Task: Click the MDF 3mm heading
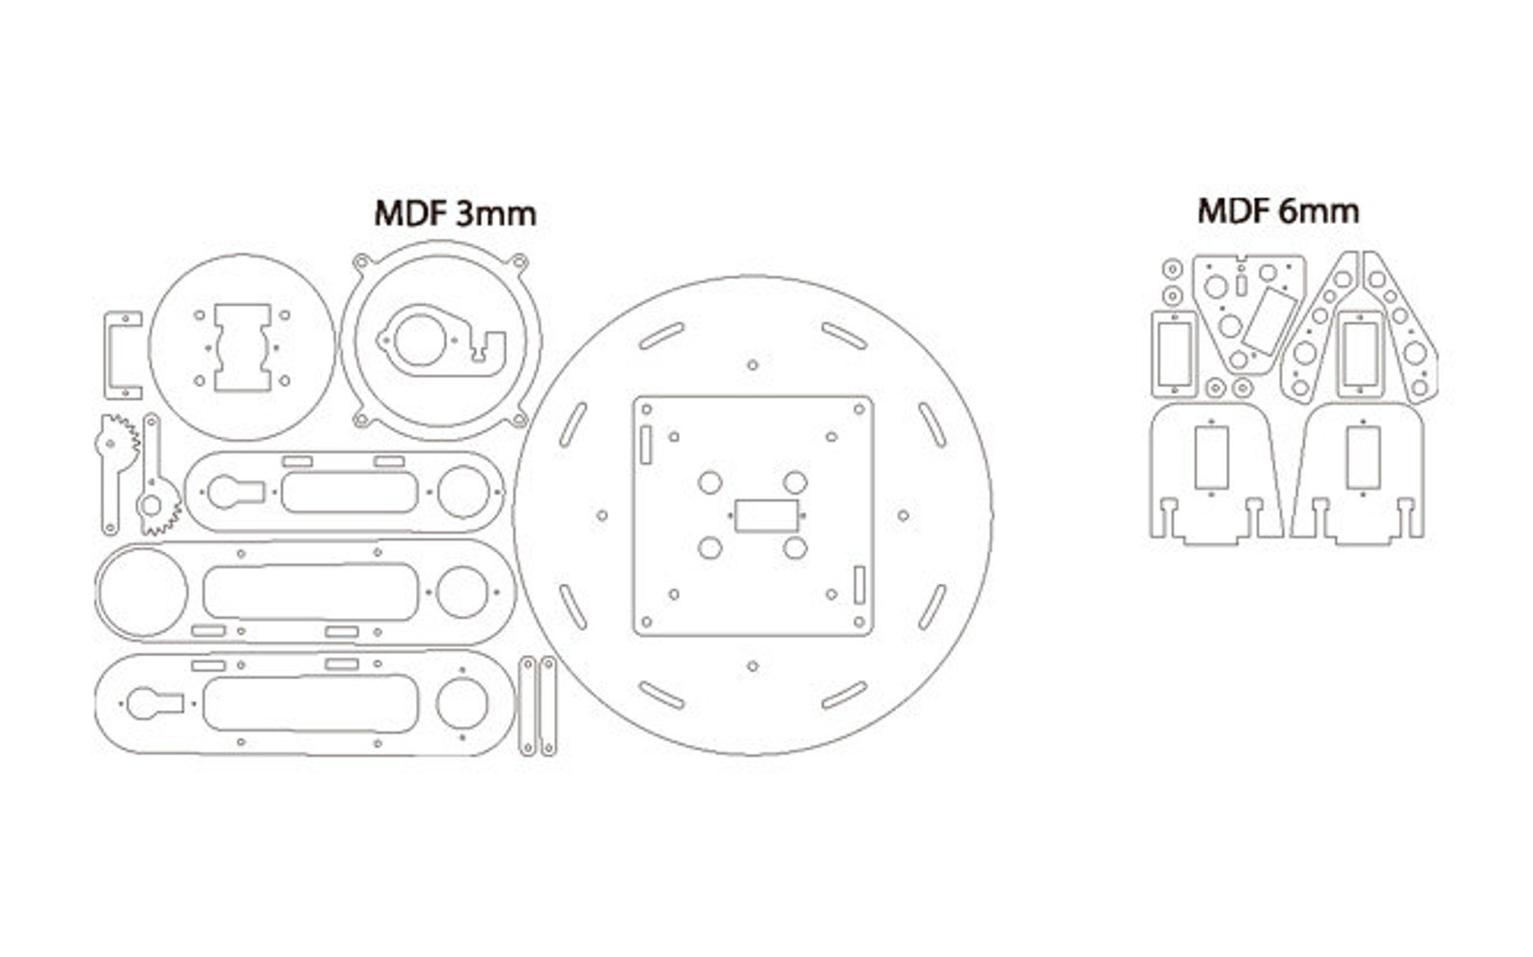point(455,213)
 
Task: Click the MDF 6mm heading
point(1277,210)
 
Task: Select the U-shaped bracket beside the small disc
point(110,354)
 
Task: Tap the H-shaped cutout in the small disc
point(241,348)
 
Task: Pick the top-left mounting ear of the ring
point(362,260)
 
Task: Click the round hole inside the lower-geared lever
point(151,504)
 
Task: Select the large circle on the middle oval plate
point(141,592)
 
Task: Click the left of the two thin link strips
point(527,706)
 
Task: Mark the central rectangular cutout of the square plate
point(766,515)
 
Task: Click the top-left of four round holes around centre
point(710,482)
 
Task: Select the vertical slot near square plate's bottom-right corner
point(858,586)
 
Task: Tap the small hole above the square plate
point(752,365)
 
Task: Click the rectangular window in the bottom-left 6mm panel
point(1210,458)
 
